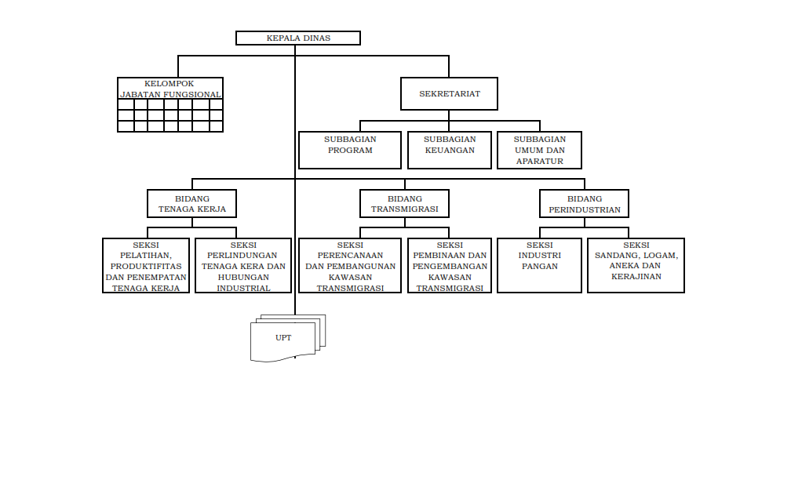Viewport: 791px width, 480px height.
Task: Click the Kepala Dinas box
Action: [x=298, y=38]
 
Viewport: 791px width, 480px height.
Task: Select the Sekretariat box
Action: [x=449, y=94]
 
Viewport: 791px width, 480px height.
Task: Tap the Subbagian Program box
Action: [x=350, y=151]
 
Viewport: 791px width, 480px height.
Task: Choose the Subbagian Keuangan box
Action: [x=450, y=151]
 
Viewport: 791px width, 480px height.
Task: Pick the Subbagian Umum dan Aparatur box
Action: [x=539, y=151]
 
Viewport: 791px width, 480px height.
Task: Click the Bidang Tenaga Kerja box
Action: [x=191, y=204]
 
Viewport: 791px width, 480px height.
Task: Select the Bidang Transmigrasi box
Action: [x=405, y=204]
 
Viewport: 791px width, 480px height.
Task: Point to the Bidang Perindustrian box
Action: [x=584, y=204]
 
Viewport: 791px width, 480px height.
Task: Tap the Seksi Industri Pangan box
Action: [x=539, y=266]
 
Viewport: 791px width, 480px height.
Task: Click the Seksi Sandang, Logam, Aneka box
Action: [x=636, y=266]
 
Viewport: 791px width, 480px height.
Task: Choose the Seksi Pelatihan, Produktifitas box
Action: [x=146, y=266]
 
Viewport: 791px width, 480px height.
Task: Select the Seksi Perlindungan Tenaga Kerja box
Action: [x=243, y=266]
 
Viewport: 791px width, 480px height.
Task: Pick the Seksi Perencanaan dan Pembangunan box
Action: [x=350, y=266]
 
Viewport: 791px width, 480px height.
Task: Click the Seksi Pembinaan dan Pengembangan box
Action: [x=450, y=266]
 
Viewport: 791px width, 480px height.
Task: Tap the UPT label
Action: [x=283, y=338]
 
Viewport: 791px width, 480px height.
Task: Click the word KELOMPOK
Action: [x=169, y=84]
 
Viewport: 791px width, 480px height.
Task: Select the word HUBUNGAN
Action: [x=243, y=278]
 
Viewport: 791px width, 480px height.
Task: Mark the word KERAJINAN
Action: [x=636, y=277]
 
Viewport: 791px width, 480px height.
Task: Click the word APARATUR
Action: [x=539, y=162]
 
